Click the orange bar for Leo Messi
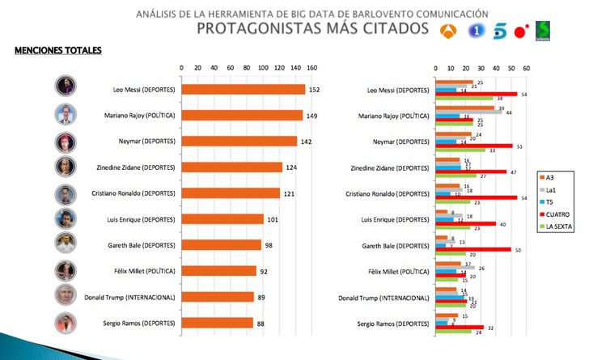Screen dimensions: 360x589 point(243,90)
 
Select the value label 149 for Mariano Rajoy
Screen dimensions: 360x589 point(314,116)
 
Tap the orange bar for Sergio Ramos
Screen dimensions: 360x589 point(217,323)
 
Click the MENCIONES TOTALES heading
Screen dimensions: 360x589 point(58,50)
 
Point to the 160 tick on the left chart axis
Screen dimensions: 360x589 point(311,68)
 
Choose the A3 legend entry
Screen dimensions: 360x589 point(553,176)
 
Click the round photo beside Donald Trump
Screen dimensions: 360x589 point(66,297)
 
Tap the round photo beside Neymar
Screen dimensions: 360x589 point(66,142)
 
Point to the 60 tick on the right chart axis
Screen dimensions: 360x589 point(527,68)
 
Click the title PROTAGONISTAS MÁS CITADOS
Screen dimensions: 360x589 point(312,29)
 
